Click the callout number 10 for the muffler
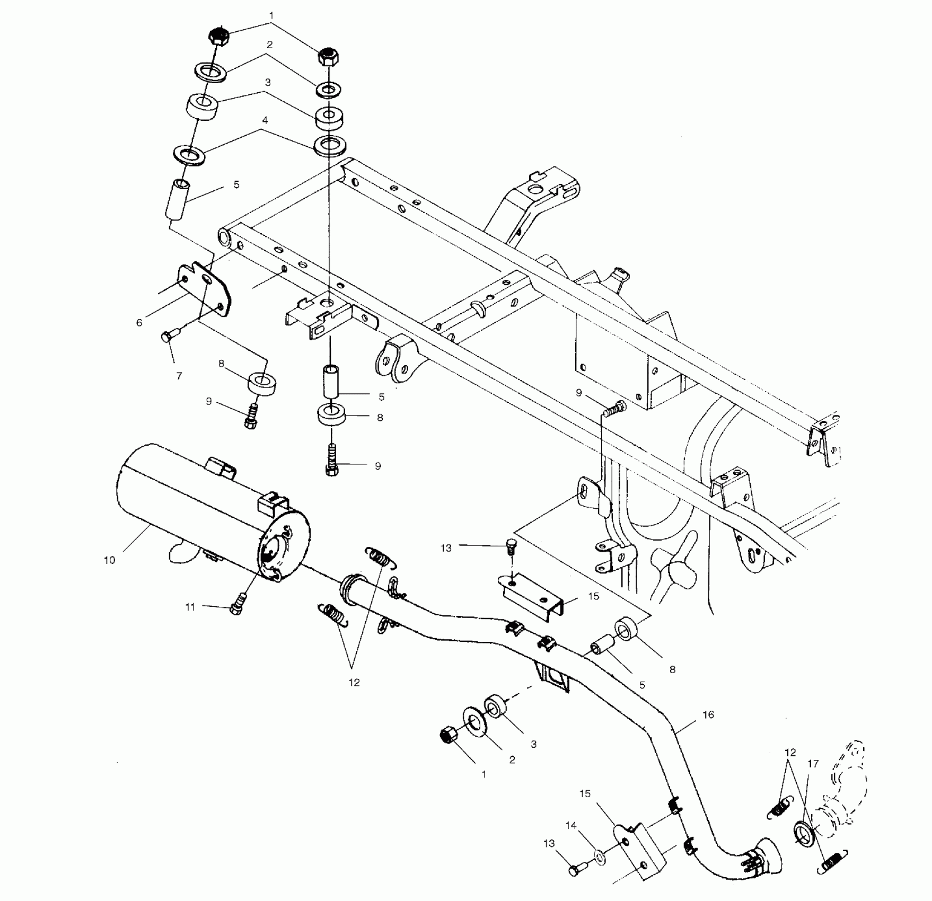[109, 560]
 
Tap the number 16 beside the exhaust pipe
[708, 714]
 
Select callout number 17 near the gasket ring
[813, 764]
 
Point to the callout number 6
[139, 322]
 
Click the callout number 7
[179, 375]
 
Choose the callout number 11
[190, 607]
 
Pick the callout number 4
[265, 120]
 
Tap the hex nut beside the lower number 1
[449, 735]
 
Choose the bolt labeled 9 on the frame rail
[617, 408]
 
